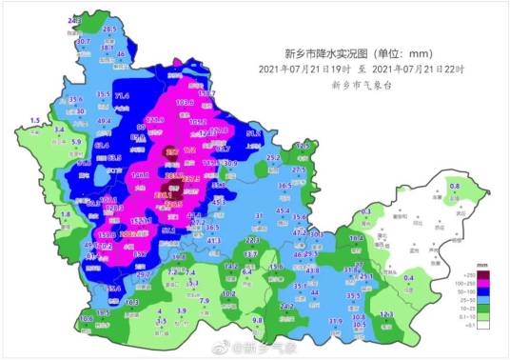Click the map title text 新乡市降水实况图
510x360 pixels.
click(x=327, y=53)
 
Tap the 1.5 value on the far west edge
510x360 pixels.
click(x=36, y=121)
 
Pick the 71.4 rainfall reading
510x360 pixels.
click(x=122, y=96)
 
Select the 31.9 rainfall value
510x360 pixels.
click(x=335, y=322)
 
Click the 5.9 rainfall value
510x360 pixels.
click(x=77, y=141)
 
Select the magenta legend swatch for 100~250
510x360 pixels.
click(x=483, y=282)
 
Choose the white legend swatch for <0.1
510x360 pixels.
click(x=483, y=325)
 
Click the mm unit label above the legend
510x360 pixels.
click(x=483, y=264)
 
